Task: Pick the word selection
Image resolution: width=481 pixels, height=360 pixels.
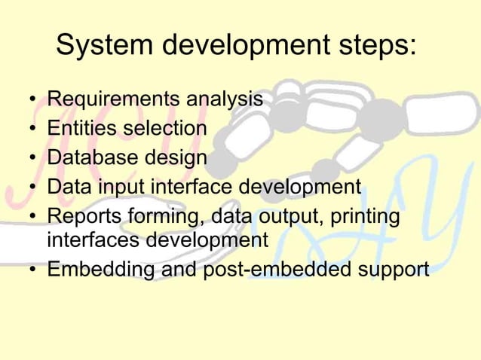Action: [165, 129]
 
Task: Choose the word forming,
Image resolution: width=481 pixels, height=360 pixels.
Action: [167, 217]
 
